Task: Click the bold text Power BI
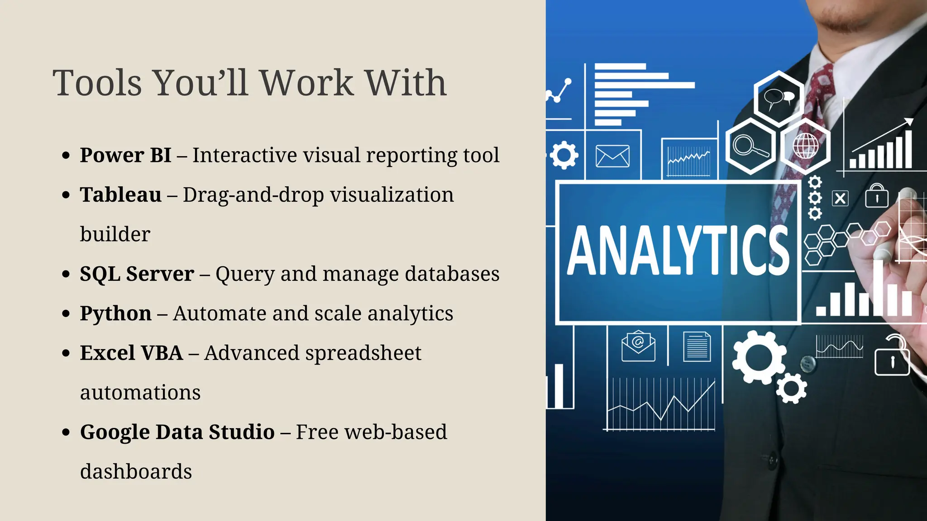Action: [125, 155]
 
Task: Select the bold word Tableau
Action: [120, 195]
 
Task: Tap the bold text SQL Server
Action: [137, 274]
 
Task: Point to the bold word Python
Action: [115, 313]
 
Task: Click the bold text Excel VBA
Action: [131, 353]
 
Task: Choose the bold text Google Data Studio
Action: [177, 432]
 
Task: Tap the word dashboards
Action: [136, 472]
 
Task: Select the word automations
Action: [140, 393]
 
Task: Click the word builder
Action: [115, 234]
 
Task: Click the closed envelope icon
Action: [612, 156]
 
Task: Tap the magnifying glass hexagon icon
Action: [750, 146]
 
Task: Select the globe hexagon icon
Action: [805, 146]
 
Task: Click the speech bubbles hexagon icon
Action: [779, 98]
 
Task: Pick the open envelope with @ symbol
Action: [638, 346]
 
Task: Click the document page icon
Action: [697, 346]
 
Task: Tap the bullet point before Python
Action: [66, 313]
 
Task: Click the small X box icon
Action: [840, 199]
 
